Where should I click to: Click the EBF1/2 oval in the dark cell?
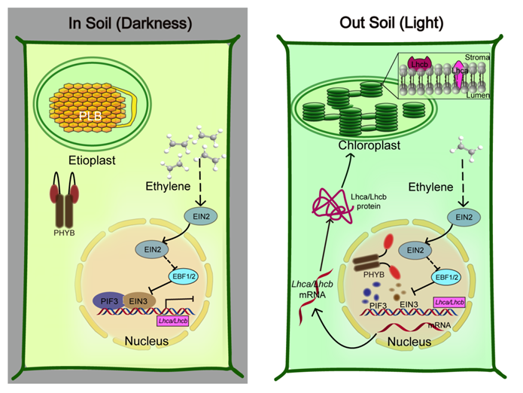point(201,276)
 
